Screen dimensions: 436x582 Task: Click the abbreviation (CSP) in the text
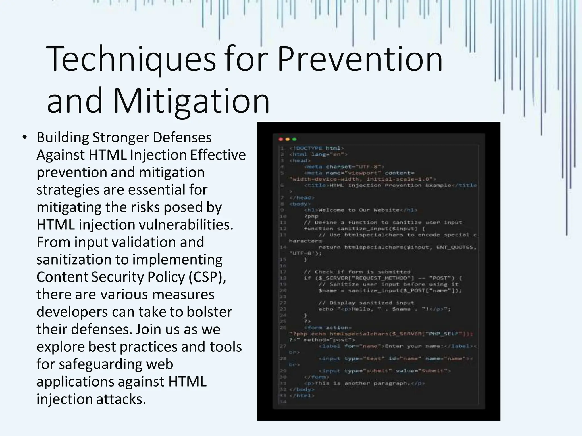click(x=207, y=277)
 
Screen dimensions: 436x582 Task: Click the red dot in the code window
click(x=281, y=139)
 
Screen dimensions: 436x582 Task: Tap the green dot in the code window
click(x=294, y=139)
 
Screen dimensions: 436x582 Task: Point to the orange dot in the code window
click(x=288, y=139)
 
